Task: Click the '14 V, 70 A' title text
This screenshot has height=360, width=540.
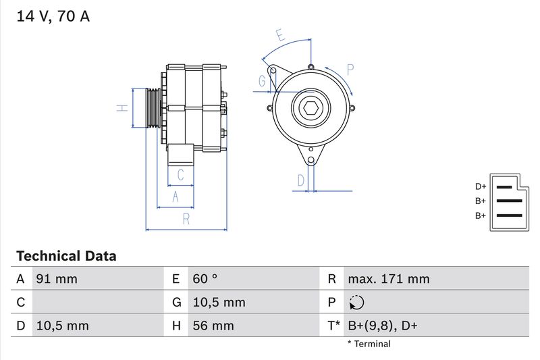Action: (53, 17)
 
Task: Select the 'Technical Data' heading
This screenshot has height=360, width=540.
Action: (66, 257)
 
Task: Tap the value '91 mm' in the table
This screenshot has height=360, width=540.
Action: (57, 279)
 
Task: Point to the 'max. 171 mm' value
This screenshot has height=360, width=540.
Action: (388, 279)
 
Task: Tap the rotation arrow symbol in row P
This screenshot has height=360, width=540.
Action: (357, 303)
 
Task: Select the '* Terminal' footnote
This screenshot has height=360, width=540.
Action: (369, 344)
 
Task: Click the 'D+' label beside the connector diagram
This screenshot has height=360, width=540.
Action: (480, 186)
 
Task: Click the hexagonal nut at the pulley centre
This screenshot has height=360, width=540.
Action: (311, 108)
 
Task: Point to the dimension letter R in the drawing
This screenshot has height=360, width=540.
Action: (186, 218)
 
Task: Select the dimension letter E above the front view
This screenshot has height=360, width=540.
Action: (280, 35)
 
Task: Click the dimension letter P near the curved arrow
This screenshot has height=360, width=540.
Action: (350, 69)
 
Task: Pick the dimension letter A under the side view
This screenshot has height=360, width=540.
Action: (175, 196)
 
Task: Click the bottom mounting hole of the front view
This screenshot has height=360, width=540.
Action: (311, 161)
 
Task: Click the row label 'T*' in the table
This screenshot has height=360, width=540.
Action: (333, 326)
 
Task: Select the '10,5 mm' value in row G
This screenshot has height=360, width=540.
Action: (219, 303)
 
